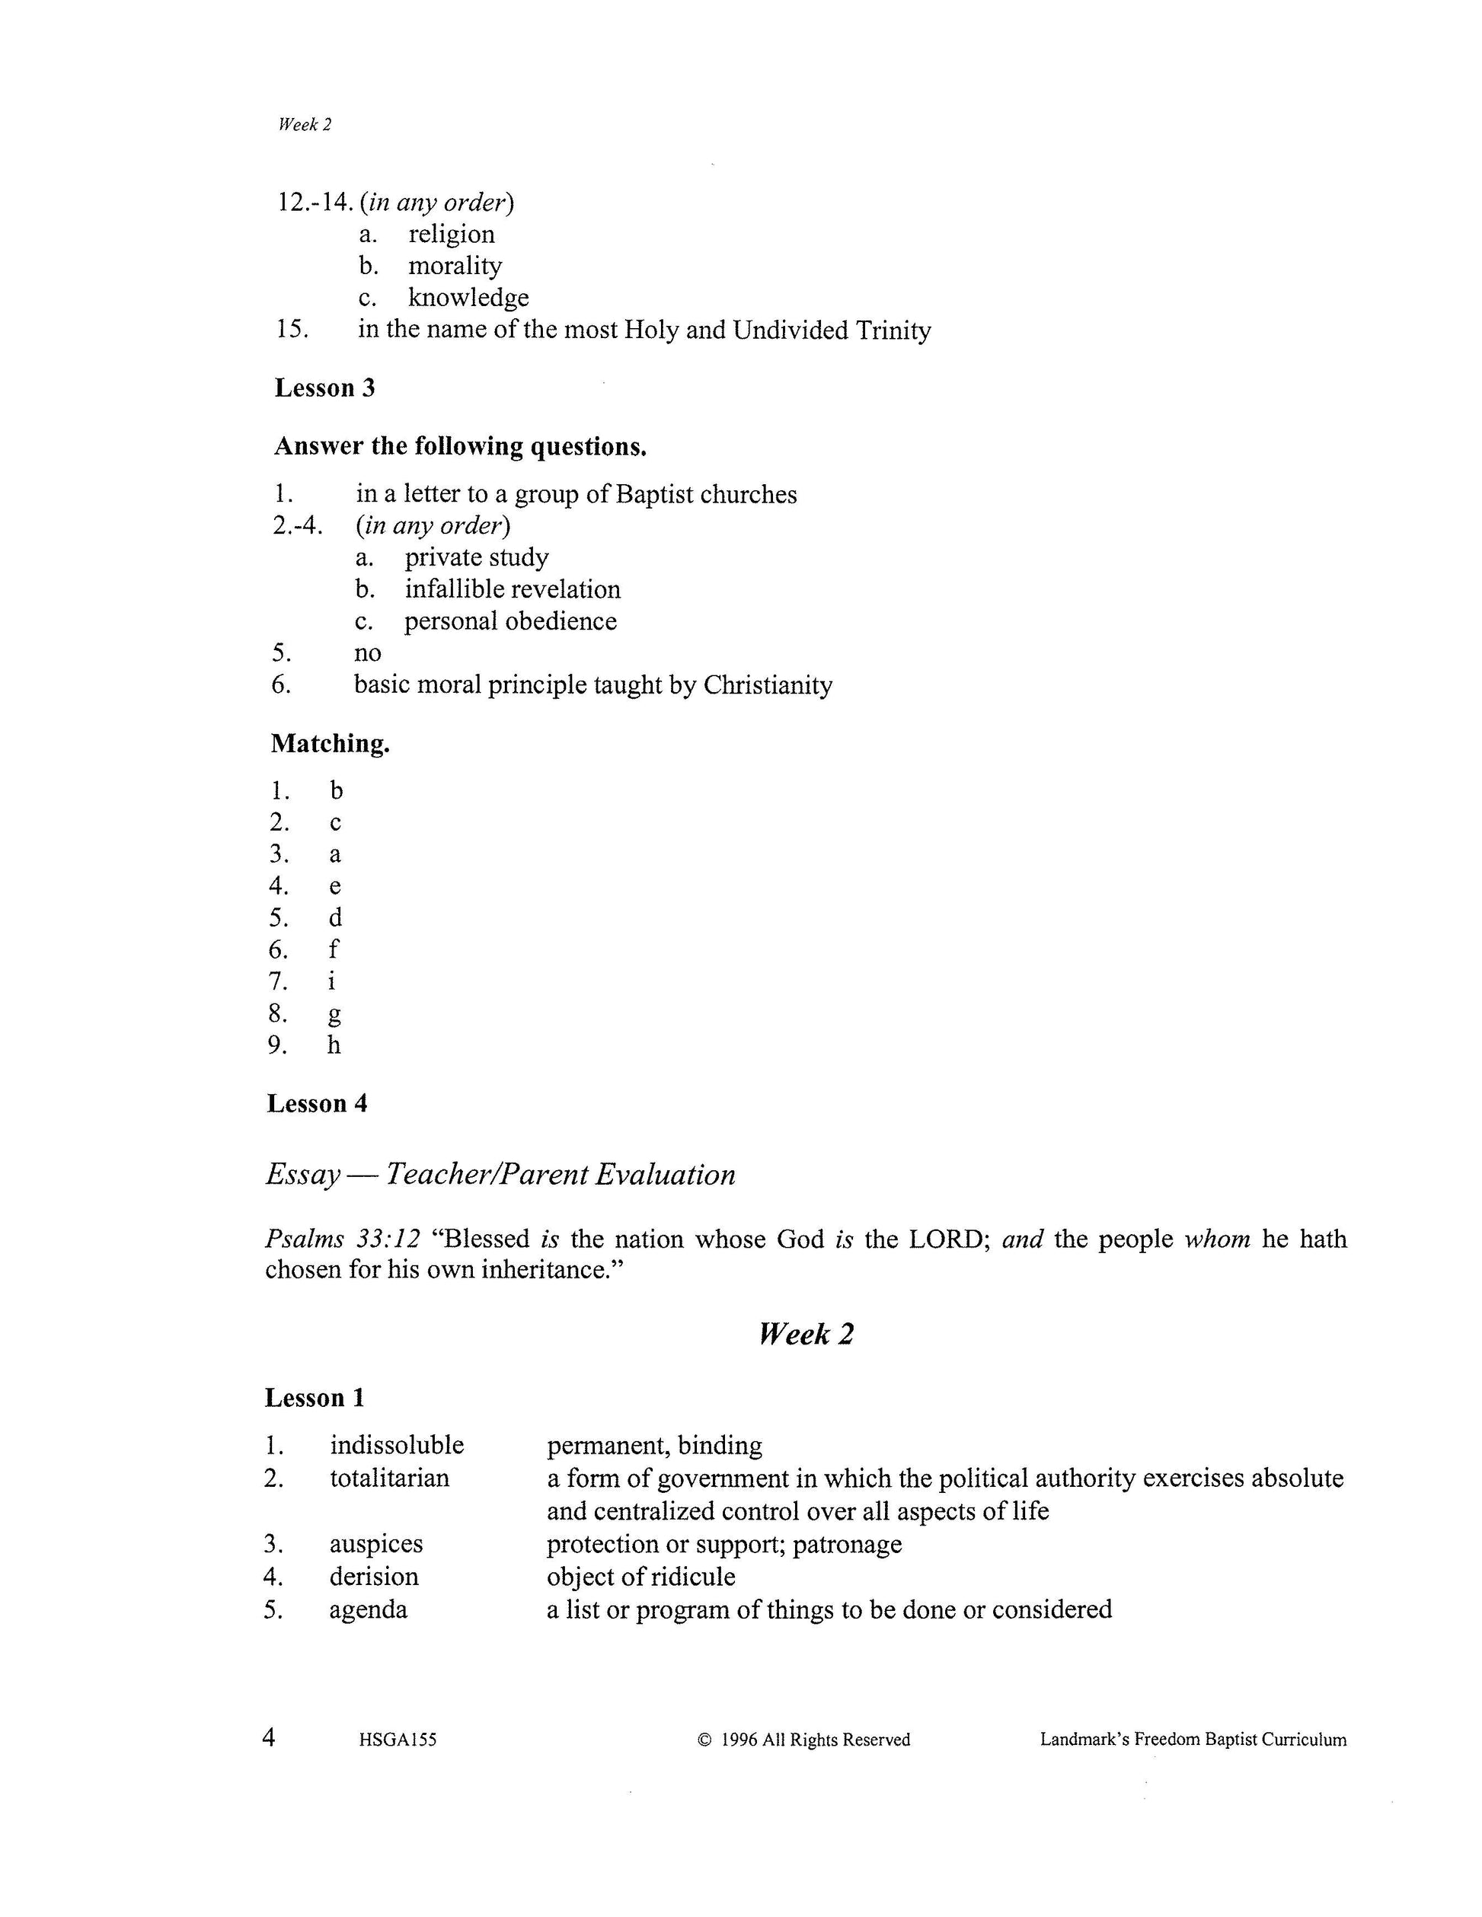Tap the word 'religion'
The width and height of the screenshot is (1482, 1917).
coord(452,234)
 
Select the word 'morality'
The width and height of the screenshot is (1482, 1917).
coord(455,266)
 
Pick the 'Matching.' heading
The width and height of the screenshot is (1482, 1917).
coord(330,744)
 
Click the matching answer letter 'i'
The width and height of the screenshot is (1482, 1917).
coord(332,981)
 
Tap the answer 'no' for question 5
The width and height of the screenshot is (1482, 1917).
coord(368,653)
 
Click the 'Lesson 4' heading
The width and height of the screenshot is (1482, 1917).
coord(317,1103)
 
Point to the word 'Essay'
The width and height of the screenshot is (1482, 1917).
coord(303,1175)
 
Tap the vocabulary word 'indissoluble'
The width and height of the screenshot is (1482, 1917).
coord(397,1445)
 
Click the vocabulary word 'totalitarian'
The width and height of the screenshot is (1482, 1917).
coord(389,1478)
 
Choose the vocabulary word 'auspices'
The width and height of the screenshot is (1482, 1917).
coord(375,1544)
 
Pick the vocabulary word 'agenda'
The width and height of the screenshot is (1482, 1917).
coord(368,1609)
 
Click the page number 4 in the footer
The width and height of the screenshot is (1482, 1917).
coord(270,1737)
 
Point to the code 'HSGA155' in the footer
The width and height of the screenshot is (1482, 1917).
coord(398,1740)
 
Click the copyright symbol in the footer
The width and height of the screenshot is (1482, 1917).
coord(703,1740)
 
